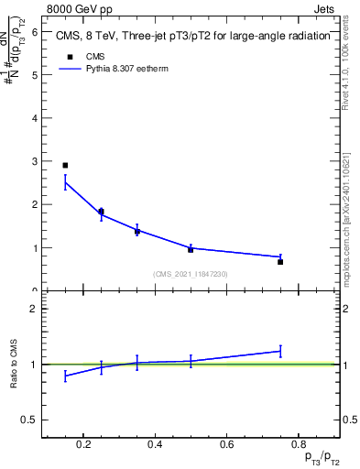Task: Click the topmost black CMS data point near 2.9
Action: [65, 166]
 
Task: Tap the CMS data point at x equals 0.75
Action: [280, 262]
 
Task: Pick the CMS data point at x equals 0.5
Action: [191, 249]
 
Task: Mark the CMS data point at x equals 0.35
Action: [136, 232]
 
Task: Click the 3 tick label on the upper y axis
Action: [34, 161]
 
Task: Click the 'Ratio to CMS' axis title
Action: [15, 365]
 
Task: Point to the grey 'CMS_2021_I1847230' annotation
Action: [191, 275]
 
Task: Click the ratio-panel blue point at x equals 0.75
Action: [280, 351]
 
